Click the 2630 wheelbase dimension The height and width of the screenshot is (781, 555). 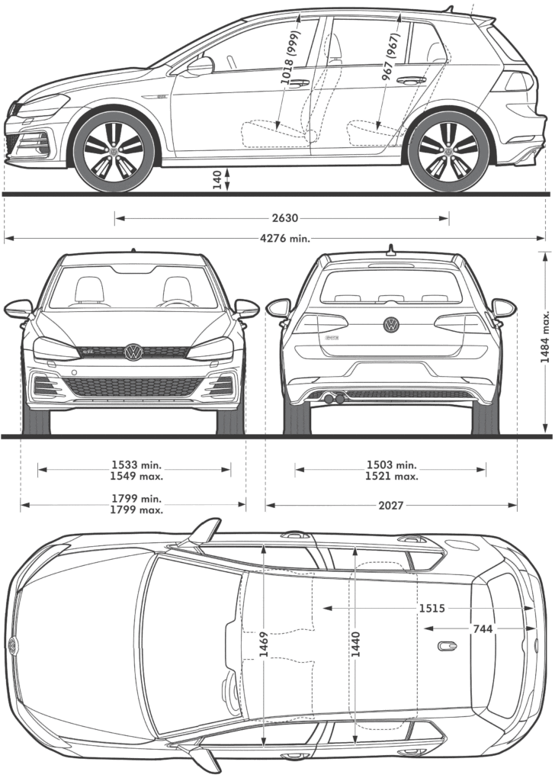click(x=284, y=218)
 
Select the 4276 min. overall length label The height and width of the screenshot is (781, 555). click(x=284, y=238)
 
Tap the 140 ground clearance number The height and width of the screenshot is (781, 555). click(x=217, y=180)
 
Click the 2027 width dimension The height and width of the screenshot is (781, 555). click(x=391, y=506)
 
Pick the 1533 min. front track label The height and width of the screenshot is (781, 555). click(x=137, y=464)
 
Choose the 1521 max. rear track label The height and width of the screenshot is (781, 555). click(x=392, y=476)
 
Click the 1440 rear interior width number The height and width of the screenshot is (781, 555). click(x=355, y=644)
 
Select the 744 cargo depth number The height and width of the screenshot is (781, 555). click(x=483, y=629)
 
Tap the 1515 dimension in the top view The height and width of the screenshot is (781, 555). click(x=431, y=608)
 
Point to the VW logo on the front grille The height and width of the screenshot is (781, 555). click(x=133, y=352)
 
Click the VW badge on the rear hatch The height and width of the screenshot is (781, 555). click(x=392, y=325)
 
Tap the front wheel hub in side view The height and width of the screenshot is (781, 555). click(x=114, y=150)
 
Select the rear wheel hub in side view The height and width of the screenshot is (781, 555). click(x=448, y=150)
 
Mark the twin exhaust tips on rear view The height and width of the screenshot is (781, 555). click(x=334, y=398)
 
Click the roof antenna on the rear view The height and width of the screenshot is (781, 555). click(x=391, y=249)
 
